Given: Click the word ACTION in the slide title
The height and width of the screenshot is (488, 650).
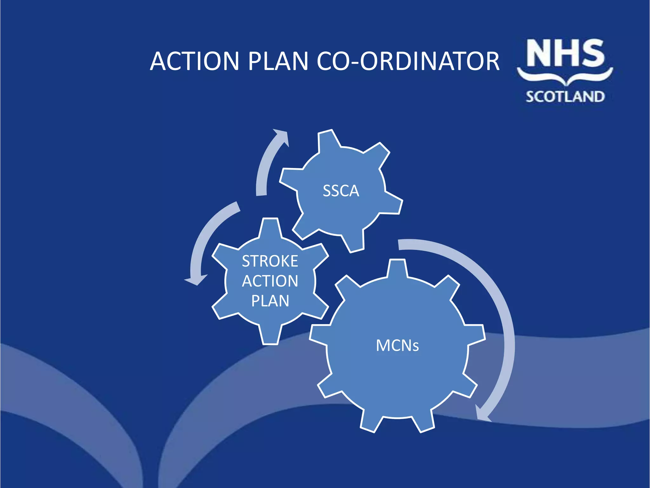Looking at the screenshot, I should [194, 61].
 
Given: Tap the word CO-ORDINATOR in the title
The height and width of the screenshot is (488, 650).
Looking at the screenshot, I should [408, 61].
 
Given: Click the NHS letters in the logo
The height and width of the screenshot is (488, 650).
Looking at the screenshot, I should [565, 53].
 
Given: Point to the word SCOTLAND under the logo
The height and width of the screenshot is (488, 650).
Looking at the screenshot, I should [565, 97].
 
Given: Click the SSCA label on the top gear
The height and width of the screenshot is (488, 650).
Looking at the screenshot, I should [341, 191].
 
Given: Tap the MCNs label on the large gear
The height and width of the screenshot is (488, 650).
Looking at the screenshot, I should [397, 345].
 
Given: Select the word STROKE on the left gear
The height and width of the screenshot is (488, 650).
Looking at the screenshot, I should [270, 261].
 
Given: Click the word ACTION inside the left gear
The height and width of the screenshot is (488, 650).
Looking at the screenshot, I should [270, 281].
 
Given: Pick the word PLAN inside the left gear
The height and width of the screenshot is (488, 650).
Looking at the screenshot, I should [270, 301].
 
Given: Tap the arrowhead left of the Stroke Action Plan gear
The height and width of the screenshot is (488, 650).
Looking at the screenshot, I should [196, 279].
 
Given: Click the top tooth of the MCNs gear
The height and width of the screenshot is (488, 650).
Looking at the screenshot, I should [397, 268].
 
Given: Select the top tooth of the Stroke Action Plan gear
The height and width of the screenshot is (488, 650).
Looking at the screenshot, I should [270, 227].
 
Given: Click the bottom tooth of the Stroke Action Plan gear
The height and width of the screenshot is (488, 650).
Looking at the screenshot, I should [270, 335].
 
